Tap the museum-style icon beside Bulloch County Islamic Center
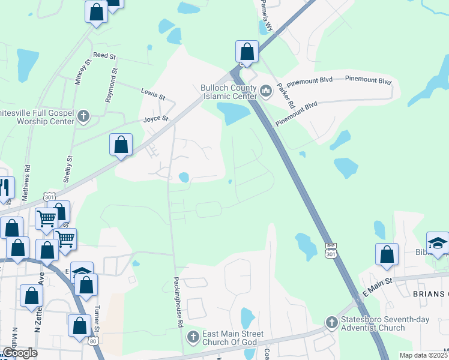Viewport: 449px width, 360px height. tap(266, 91)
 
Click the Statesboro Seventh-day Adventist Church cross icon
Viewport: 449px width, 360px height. tap(331, 323)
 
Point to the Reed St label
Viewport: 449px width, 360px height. tap(103, 55)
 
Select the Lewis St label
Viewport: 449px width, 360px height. tap(152, 92)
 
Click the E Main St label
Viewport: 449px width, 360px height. tap(376, 287)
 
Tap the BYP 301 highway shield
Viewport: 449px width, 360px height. tap(330, 251)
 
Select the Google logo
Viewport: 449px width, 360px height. tap(20, 353)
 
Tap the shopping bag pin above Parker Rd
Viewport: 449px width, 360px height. tap(247, 52)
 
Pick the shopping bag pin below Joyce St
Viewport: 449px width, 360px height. tap(121, 145)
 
